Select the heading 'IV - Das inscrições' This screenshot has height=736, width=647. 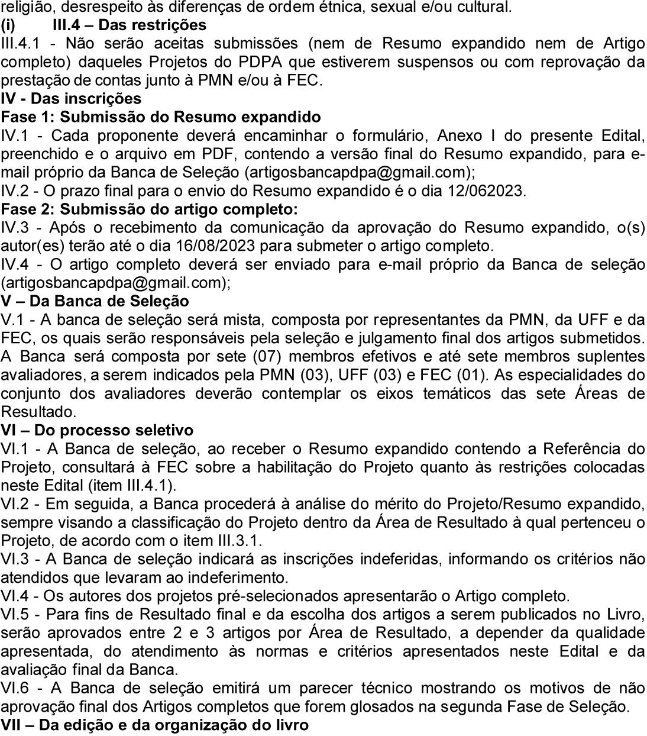(x=71, y=98)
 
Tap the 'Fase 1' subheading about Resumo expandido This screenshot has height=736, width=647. (x=161, y=117)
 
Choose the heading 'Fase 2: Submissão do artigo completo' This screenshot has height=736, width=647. (x=150, y=209)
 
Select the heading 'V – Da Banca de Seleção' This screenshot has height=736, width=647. (x=95, y=301)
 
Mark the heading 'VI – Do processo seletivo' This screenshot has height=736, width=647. (x=97, y=430)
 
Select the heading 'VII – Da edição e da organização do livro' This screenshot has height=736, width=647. (x=154, y=725)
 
